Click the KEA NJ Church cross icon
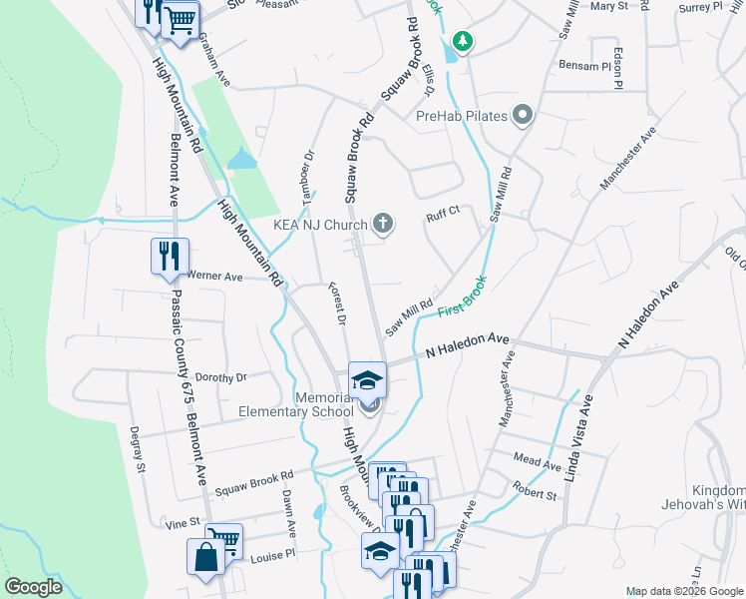(x=382, y=224)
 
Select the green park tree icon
(x=462, y=41)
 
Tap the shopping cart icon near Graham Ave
(x=181, y=20)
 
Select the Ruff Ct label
(x=442, y=211)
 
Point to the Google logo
(x=33, y=587)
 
